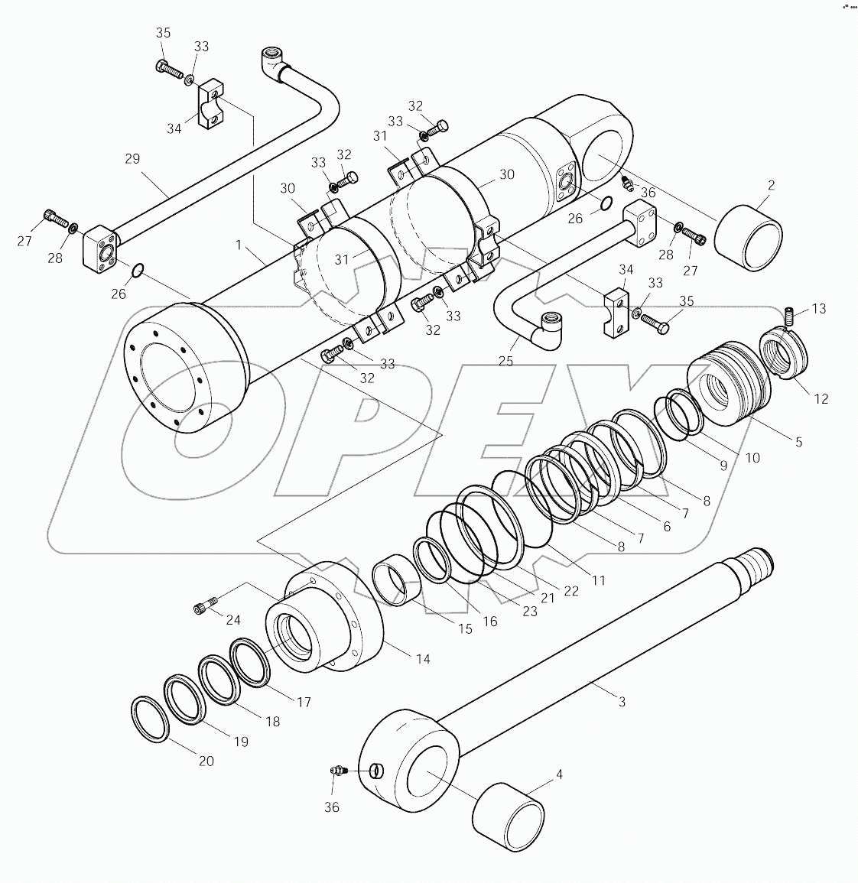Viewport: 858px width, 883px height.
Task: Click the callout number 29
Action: point(132,159)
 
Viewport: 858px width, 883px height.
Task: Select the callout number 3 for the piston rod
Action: point(622,701)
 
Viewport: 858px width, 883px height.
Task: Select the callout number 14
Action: point(423,658)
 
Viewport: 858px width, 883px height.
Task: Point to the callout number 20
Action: point(206,761)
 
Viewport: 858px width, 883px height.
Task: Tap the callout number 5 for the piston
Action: point(798,442)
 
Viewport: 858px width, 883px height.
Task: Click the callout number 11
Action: point(599,580)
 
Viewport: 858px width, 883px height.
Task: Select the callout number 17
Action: point(304,702)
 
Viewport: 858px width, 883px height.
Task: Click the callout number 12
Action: point(821,398)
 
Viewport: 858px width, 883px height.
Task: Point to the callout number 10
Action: point(752,458)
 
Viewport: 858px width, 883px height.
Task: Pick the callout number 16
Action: point(489,621)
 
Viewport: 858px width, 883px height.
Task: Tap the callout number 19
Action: point(241,742)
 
